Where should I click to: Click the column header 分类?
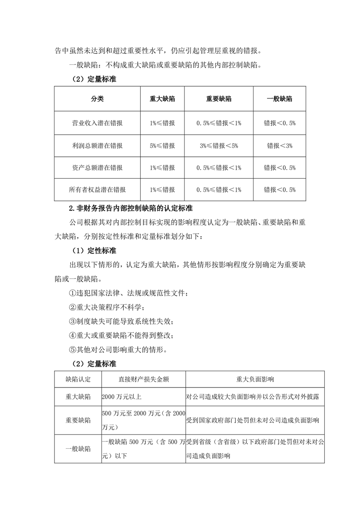click(x=97, y=99)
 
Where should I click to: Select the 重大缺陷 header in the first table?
click(x=162, y=99)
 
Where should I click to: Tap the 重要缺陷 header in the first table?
click(x=219, y=99)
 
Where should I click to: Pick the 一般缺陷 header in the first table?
click(x=279, y=99)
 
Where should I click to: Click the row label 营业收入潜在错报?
click(x=97, y=123)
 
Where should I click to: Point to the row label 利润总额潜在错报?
click(x=97, y=146)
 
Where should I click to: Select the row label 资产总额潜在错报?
click(x=97, y=168)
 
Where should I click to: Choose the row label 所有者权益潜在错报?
click(x=97, y=190)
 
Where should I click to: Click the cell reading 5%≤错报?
click(x=162, y=146)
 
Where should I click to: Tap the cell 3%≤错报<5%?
click(x=219, y=146)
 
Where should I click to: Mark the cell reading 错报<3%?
click(x=279, y=146)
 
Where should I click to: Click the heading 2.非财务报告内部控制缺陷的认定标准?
click(x=131, y=209)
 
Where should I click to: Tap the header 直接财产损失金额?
click(x=143, y=379)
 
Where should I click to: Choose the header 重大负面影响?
click(x=255, y=379)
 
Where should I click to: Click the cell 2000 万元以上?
click(x=122, y=397)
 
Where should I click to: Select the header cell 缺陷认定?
click(x=78, y=379)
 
